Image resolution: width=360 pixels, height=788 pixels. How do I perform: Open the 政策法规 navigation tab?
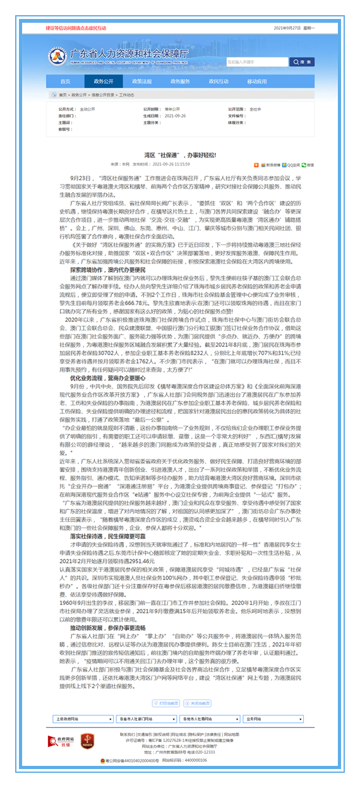(x=141, y=82)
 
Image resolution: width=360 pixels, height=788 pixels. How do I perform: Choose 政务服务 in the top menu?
(x=180, y=82)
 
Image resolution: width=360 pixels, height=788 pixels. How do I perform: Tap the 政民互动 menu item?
(x=218, y=82)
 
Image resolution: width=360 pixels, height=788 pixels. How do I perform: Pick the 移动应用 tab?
(x=257, y=82)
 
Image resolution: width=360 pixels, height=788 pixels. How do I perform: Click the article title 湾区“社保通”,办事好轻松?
(x=180, y=154)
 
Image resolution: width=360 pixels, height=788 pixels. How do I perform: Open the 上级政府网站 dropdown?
(x=80, y=701)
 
